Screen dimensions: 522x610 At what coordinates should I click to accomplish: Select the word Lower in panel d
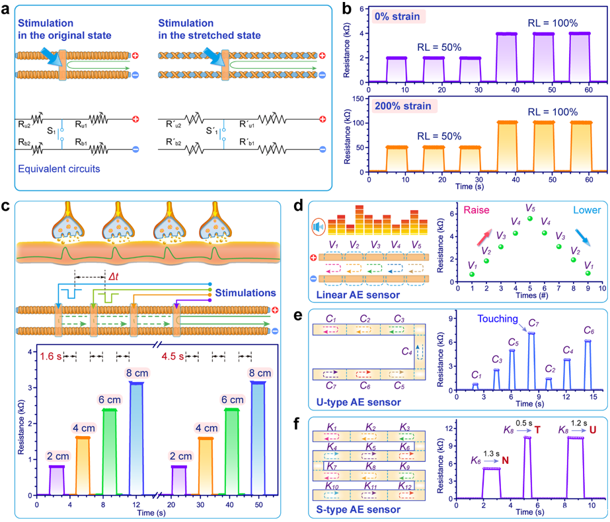pos(576,210)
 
